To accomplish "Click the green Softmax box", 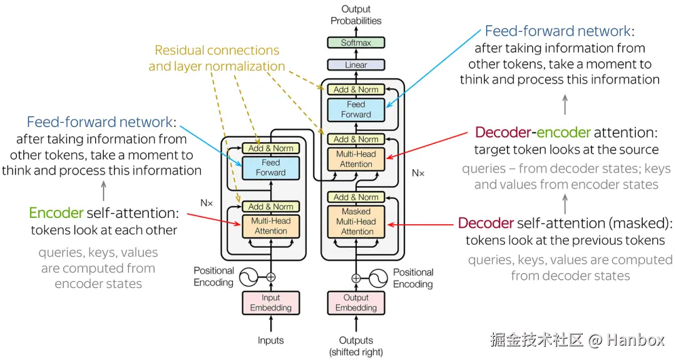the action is pos(356,43).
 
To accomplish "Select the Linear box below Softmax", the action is pos(356,65).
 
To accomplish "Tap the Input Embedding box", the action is pos(271,302).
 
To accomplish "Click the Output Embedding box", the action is pos(356,302).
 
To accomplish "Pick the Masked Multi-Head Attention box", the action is pos(356,222).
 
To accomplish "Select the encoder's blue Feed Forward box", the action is pos(271,168).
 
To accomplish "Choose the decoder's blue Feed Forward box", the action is pos(356,110).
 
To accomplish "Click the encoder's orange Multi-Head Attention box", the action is pos(271,226).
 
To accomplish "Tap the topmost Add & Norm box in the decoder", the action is pos(356,90).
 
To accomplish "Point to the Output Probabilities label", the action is pos(356,14).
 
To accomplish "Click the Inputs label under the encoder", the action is pos(271,340).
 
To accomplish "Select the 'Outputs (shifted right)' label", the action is pos(356,346).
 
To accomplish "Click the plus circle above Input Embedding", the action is pos(271,277).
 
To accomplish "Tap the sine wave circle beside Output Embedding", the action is pos(378,279).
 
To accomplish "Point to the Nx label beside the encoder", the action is pos(207,203).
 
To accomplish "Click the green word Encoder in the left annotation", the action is pos(56,213).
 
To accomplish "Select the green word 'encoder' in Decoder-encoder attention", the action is pos(563,132).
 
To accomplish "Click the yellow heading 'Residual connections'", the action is pos(217,51).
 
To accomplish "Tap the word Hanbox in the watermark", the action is pos(636,340).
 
